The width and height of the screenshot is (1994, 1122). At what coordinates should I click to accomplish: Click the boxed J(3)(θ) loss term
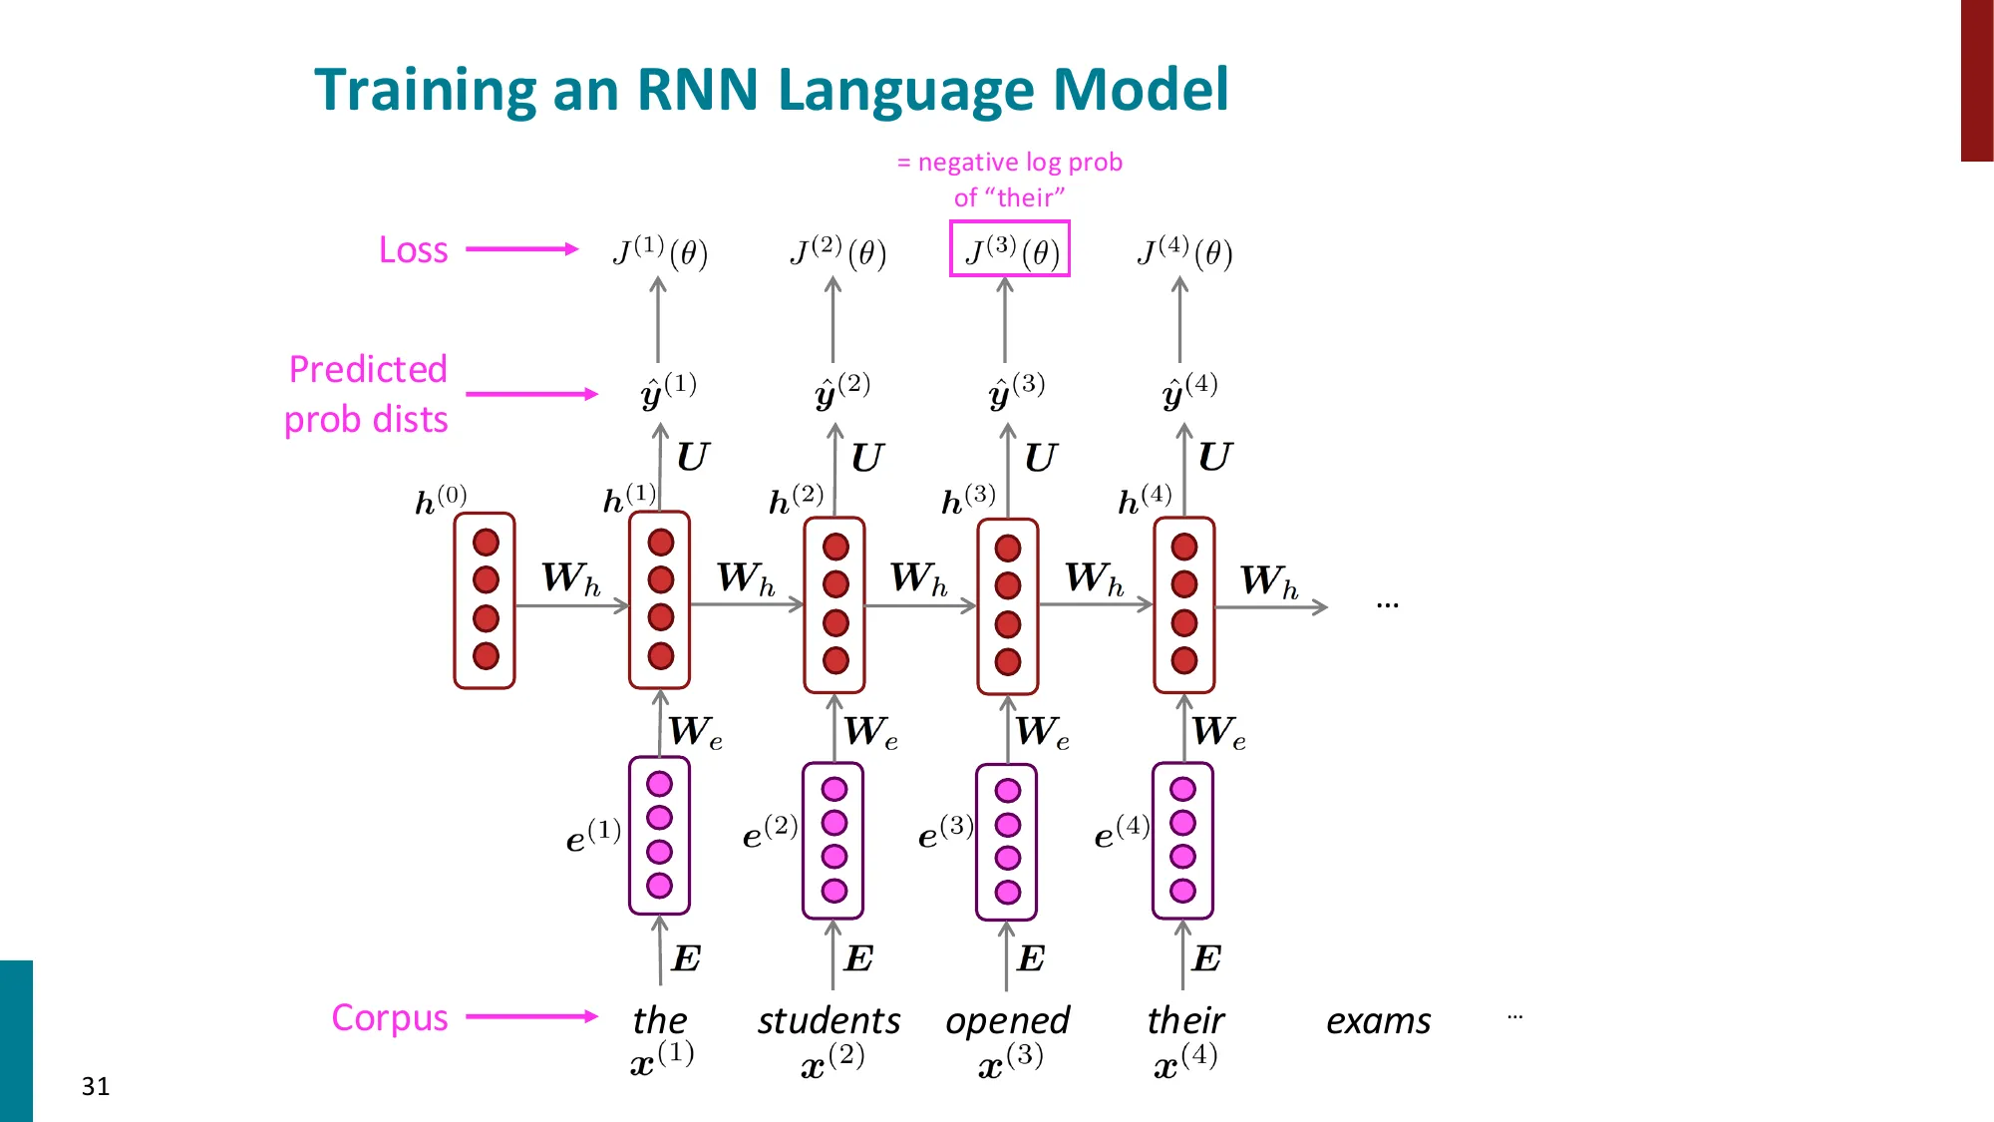pos(1009,249)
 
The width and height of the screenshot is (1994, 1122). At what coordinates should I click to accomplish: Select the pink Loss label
pos(413,249)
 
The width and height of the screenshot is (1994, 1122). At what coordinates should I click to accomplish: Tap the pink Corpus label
pos(389,1017)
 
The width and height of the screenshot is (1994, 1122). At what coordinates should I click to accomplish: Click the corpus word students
pos(829,1020)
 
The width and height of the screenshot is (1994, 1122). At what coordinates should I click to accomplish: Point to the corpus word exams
pos(1378,1020)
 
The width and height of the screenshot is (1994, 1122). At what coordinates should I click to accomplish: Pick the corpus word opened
pos(1007,1020)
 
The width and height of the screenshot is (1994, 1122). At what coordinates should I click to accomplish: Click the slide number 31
pos(96,1086)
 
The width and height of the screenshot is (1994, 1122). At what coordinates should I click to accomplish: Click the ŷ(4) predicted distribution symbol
pos(1188,391)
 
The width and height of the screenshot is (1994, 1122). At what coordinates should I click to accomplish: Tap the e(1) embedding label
pos(592,836)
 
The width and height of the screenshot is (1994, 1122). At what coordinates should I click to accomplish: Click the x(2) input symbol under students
pos(831,1061)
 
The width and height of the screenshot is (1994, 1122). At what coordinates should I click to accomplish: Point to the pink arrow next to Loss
pos(521,249)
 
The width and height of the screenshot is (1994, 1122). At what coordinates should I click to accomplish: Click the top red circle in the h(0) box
pos(486,543)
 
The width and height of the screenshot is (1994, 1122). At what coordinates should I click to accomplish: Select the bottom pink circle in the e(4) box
pos(1182,890)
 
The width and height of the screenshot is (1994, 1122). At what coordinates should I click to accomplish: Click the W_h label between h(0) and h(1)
pos(570,578)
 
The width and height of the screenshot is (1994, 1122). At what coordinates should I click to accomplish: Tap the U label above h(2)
pos(866,458)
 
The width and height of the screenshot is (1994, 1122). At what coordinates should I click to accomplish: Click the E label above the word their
pos(1205,958)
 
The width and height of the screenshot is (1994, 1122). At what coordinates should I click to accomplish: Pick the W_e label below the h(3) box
pos(1042,732)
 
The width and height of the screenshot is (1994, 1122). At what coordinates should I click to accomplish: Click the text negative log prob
pos(1019,162)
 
